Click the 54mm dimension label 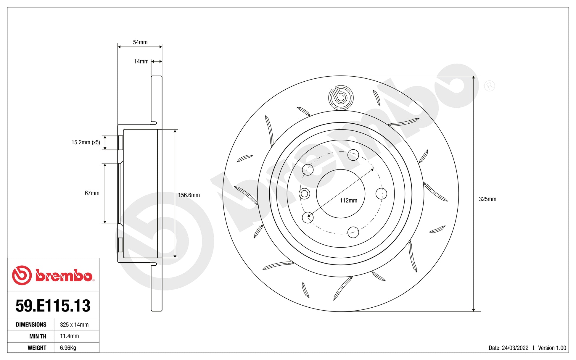coord(140,42)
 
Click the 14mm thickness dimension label coord(141,62)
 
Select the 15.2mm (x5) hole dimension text coord(86,142)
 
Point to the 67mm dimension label coord(92,193)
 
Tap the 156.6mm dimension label coord(189,195)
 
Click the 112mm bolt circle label coord(348,201)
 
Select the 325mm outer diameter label coord(487,199)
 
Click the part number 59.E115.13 coord(53,306)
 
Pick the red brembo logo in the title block coord(53,275)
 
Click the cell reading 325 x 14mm coord(74,325)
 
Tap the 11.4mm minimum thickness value coord(70,336)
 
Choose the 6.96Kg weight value coord(68,348)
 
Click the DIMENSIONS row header coord(31,325)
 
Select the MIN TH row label coord(38,336)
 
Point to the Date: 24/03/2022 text coord(508,348)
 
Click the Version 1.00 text coord(552,348)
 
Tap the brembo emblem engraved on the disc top coord(341,98)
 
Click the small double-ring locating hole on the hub coord(304,194)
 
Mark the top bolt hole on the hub coord(353,155)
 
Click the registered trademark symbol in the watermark coord(489,86)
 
